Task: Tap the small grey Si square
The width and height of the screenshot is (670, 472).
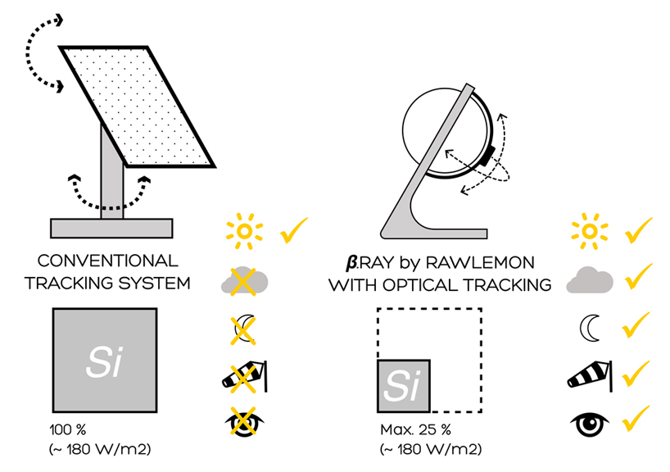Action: coord(401,385)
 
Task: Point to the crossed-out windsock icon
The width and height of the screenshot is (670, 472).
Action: coord(244,376)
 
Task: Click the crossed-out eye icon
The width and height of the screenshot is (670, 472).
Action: coord(242,424)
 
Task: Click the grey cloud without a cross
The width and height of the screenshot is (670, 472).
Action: coord(589,280)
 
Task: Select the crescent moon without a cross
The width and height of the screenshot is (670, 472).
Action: coord(587,328)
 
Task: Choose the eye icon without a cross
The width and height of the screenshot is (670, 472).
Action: coord(589,423)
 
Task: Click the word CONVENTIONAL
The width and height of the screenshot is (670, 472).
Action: coord(107,262)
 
